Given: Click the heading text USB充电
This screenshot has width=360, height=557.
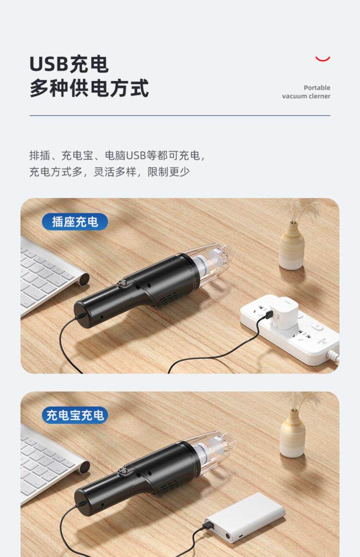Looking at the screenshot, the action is tap(69, 64).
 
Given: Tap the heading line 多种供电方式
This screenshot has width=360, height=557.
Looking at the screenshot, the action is tap(89, 88).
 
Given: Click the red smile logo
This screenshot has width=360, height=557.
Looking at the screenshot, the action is tap(323, 59).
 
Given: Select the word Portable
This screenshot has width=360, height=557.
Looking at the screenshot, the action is tap(317, 87).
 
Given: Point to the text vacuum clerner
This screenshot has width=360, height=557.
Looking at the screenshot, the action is tap(306, 96).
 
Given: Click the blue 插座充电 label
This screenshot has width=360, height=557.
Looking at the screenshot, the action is tap(74, 222).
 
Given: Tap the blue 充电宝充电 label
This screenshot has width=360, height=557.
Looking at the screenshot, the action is tap(74, 415).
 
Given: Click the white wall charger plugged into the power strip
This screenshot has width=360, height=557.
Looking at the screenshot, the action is tap(283, 314).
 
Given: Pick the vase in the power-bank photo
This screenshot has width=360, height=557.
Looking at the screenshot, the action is tap(292, 433).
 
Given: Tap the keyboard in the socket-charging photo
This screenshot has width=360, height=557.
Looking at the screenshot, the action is tap(50, 273).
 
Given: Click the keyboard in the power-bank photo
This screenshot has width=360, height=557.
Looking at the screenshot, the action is tap(50, 462).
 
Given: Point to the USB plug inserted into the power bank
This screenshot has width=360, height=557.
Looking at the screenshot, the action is tap(210, 523).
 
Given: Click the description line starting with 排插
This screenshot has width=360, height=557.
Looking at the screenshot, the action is tap(117, 155).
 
